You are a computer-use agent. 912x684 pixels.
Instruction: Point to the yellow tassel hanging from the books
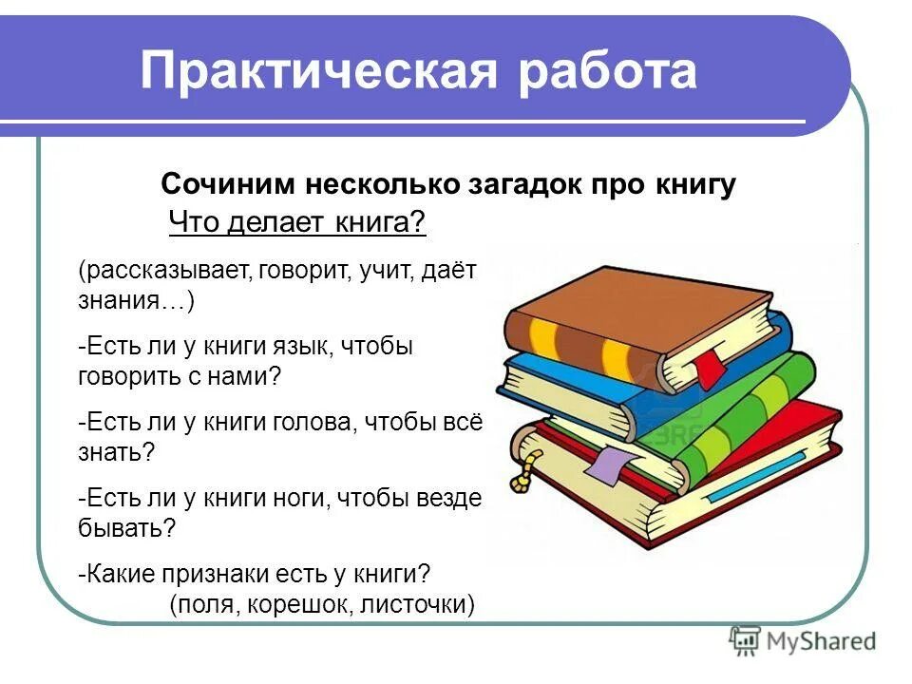[x=522, y=465]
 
